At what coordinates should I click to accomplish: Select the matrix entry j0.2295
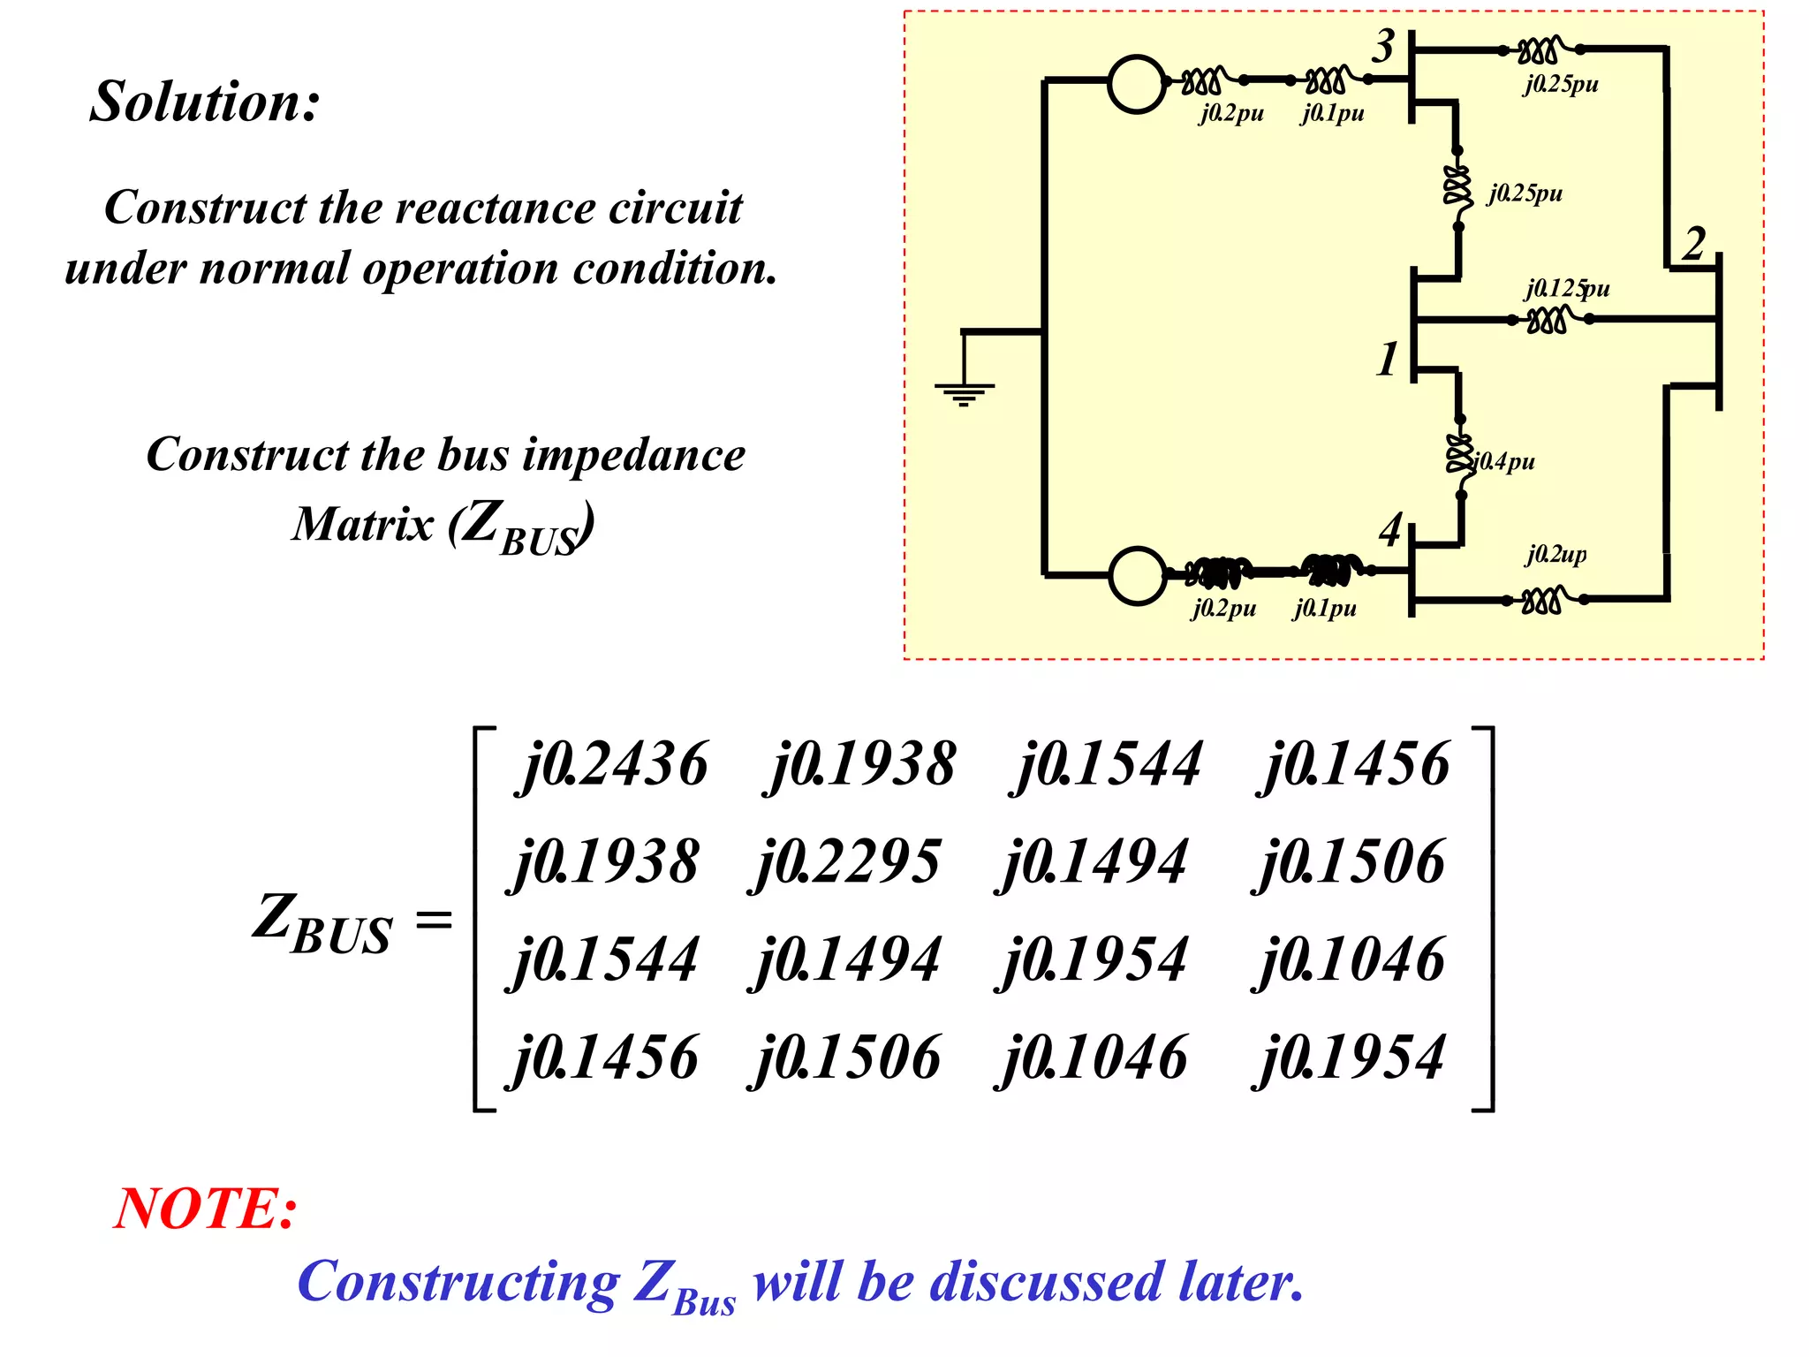847,862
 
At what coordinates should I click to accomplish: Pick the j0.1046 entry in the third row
1351,960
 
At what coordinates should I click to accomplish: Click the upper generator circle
1137,84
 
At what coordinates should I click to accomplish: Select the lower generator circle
1138,575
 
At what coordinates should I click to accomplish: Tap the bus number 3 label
1383,46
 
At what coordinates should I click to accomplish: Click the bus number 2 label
1693,244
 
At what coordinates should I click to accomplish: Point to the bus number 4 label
1390,530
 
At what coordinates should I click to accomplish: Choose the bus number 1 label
1388,360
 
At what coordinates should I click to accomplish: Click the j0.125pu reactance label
1567,289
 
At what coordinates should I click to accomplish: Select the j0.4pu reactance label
1505,461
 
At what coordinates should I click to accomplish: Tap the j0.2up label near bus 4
1555,554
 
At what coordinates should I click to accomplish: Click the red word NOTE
206,1209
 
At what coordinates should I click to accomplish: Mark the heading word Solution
205,102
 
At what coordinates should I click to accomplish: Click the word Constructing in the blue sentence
458,1282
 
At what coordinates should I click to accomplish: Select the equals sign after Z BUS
434,921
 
